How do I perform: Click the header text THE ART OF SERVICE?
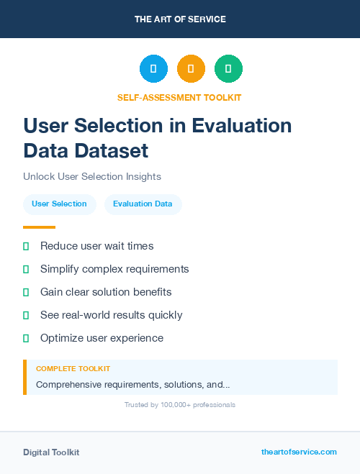click(x=180, y=19)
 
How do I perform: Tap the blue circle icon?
click(x=153, y=68)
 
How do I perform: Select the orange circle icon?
click(x=191, y=68)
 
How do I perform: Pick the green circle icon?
click(x=228, y=68)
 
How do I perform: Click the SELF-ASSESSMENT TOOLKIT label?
click(x=180, y=97)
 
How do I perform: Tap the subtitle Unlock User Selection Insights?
click(x=92, y=176)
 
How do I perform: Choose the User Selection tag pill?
click(x=59, y=204)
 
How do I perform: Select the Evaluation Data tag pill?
click(x=143, y=204)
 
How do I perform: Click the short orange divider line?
click(x=39, y=227)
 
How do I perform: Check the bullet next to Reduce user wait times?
click(x=26, y=246)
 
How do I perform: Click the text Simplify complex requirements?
click(x=114, y=269)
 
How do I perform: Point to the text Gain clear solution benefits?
click(x=106, y=292)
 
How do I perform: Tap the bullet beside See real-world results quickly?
click(x=26, y=315)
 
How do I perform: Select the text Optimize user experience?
click(x=102, y=338)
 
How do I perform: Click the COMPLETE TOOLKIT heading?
click(x=73, y=368)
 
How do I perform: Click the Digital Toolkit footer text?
click(x=51, y=452)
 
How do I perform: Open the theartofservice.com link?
click(x=299, y=452)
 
